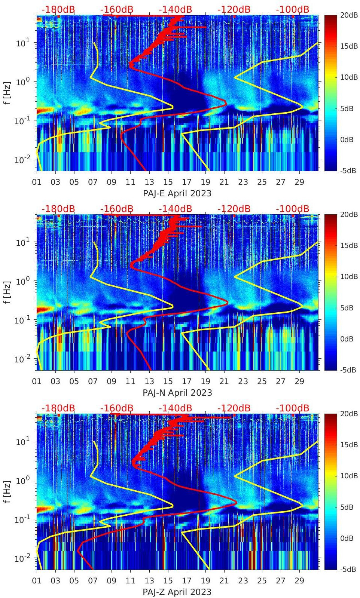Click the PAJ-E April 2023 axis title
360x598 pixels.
[177, 193]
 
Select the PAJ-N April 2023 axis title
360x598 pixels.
[177, 393]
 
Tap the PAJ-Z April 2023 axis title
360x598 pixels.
[177, 592]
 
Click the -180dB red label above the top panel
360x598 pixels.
[58, 9]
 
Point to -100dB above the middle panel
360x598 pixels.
[292, 209]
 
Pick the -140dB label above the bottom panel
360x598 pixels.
[175, 408]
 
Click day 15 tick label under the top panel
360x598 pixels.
[168, 182]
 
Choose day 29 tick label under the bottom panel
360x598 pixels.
[299, 581]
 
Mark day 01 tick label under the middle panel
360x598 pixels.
[37, 381]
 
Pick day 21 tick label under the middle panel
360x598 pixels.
[224, 381]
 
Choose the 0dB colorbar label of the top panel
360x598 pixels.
[347, 139]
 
